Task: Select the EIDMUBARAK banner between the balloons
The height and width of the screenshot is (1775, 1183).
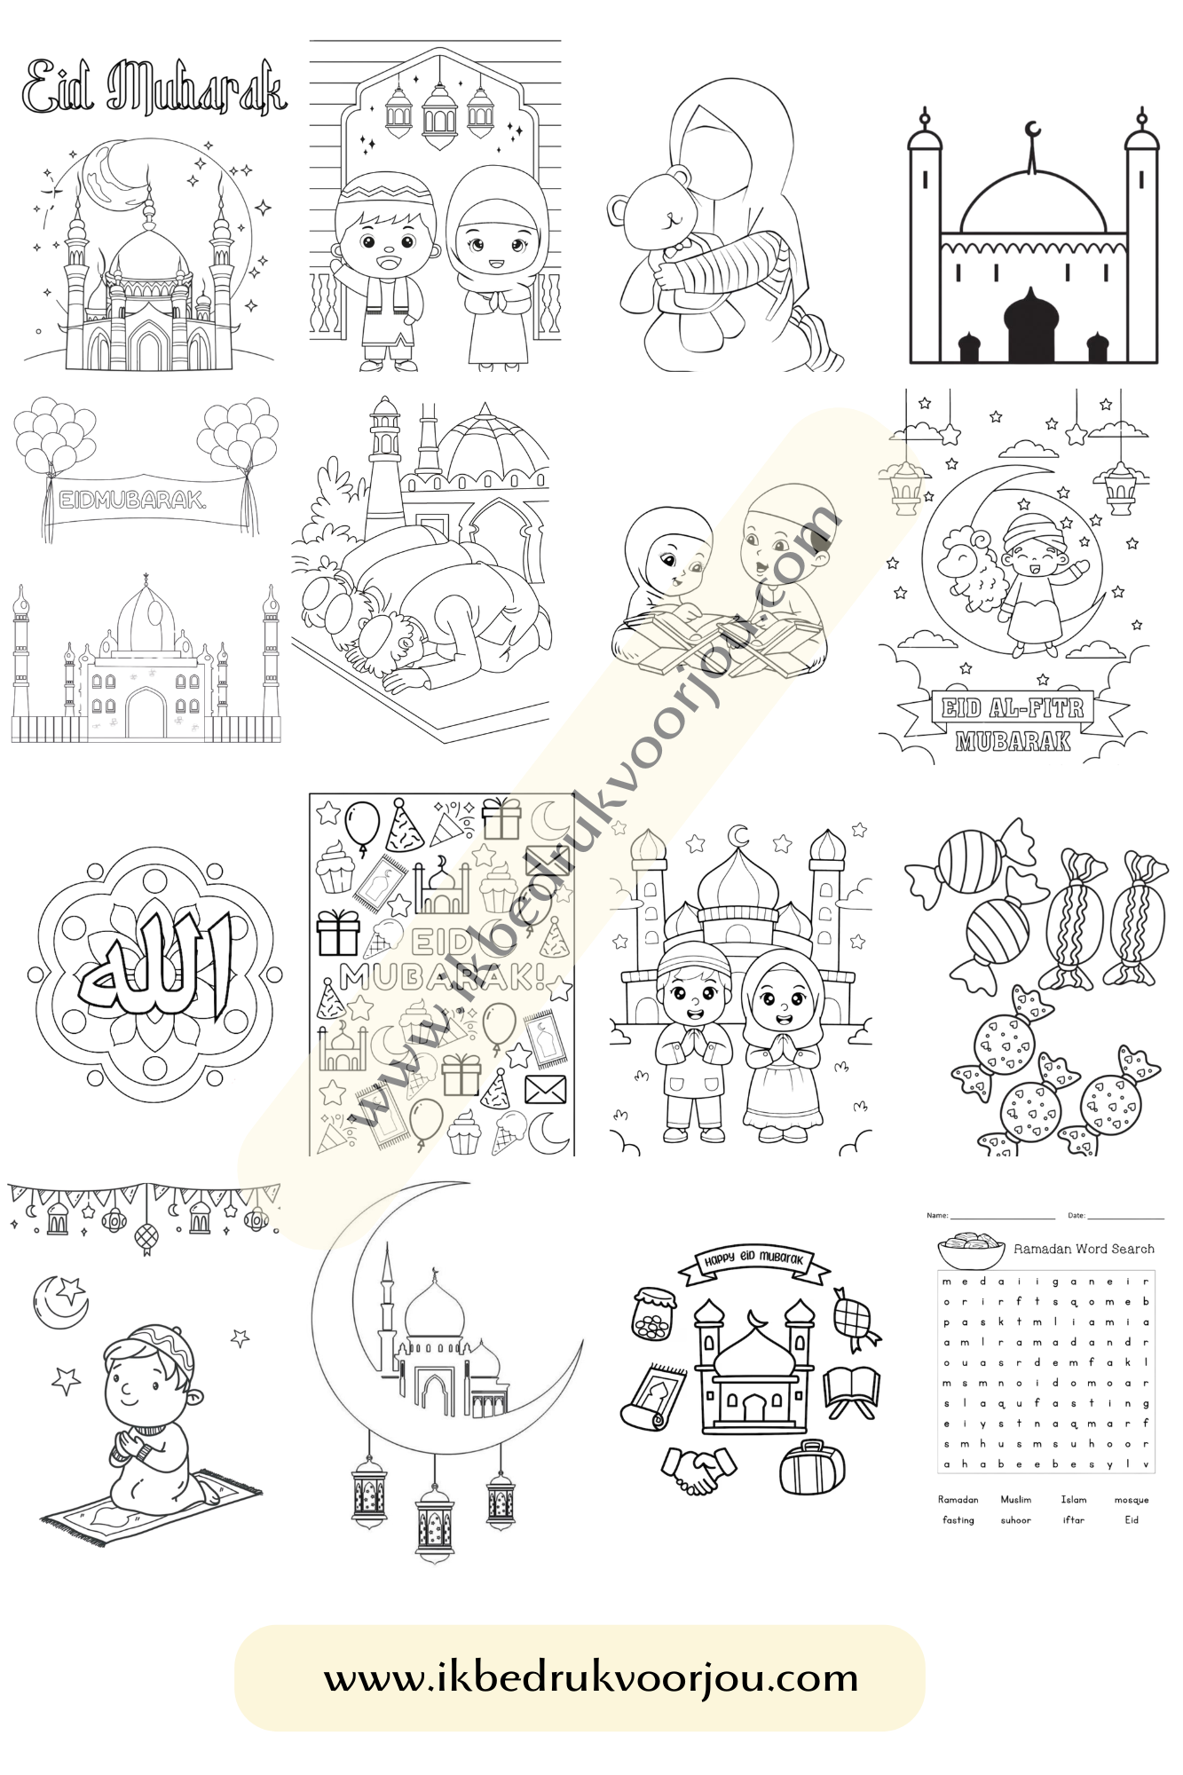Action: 133,500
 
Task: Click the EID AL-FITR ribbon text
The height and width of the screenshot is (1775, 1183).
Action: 1013,708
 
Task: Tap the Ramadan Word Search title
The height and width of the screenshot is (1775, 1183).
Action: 1083,1249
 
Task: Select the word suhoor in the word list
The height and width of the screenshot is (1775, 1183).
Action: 1016,1520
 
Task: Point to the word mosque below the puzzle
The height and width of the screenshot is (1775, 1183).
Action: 1131,1500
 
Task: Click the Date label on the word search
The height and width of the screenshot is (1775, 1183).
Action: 1076,1215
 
